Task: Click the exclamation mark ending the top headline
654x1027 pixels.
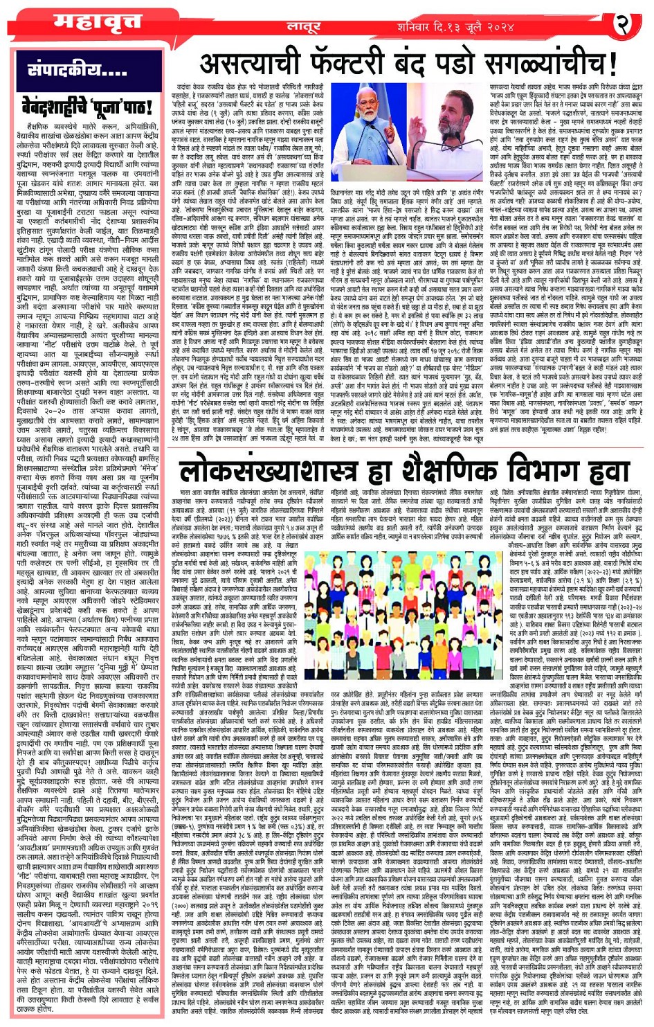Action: (612, 64)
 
